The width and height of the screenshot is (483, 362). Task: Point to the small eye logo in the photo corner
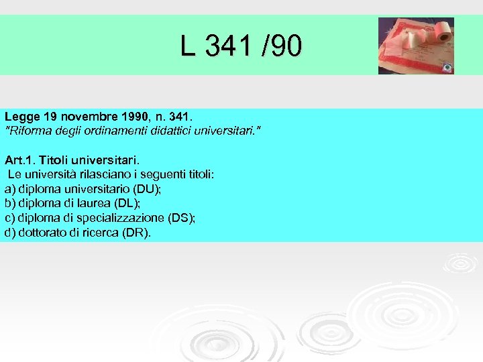tap(447, 67)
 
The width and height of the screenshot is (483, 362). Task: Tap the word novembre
tap(76, 116)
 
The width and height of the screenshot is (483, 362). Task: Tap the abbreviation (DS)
tap(179, 219)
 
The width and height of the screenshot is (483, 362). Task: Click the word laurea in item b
tap(98, 204)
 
